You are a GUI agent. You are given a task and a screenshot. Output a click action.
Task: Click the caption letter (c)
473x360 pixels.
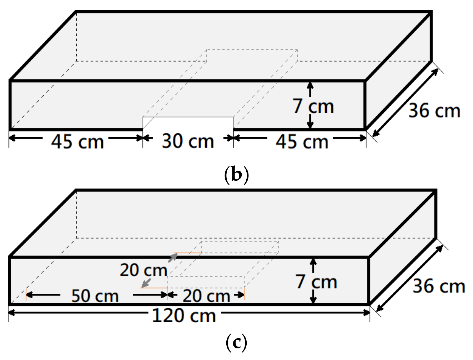pyautogui.click(x=236, y=342)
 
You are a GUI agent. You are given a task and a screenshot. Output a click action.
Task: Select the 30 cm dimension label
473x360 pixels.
pyautogui.click(x=188, y=141)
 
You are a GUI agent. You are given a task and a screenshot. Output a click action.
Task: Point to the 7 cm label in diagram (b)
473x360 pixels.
pyautogui.click(x=313, y=106)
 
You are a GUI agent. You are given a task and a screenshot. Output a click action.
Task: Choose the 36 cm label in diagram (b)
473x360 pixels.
pyautogui.click(x=434, y=111)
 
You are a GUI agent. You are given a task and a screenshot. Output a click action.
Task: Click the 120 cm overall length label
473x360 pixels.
pyautogui.click(x=184, y=316)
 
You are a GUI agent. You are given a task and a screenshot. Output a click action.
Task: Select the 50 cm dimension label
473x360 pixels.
pyautogui.click(x=95, y=296)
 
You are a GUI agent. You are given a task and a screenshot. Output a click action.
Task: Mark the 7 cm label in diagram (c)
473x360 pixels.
pyautogui.click(x=316, y=282)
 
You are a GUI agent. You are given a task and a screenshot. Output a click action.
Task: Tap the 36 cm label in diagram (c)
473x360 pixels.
pyautogui.click(x=439, y=286)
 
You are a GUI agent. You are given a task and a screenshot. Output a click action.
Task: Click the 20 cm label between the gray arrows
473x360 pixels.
pyautogui.click(x=143, y=270)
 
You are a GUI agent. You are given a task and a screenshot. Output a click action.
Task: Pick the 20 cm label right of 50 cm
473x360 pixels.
pyautogui.click(x=206, y=296)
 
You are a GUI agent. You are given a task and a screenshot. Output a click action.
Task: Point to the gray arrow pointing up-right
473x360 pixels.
pyautogui.click(x=172, y=258)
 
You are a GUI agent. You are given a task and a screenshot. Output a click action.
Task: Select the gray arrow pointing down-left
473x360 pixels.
pyautogui.click(x=146, y=283)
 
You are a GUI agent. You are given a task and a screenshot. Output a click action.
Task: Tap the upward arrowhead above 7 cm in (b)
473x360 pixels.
pyautogui.click(x=310, y=85)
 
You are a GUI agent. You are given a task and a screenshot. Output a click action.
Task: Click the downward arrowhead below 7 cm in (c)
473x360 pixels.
pyautogui.click(x=313, y=300)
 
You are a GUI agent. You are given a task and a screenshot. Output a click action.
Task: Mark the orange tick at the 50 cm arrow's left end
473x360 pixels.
pyautogui.click(x=26, y=295)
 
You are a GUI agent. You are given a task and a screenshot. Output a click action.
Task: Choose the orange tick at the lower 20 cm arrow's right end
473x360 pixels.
pyautogui.click(x=244, y=294)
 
